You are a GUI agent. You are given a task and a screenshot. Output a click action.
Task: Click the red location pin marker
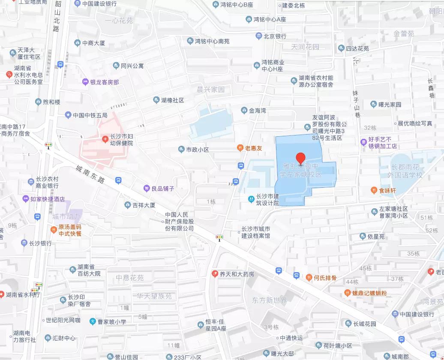pos(301,159)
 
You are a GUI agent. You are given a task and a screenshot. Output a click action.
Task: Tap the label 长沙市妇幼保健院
pos(122,140)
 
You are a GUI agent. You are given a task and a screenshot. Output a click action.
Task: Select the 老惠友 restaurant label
pos(253,148)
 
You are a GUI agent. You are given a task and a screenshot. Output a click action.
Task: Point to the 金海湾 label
pos(258,111)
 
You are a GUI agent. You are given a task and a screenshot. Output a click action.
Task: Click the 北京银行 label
pos(275,36)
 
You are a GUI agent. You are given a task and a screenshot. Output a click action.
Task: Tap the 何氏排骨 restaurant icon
pos(309,278)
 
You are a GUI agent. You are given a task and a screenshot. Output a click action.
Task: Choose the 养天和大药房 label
pos(237,274)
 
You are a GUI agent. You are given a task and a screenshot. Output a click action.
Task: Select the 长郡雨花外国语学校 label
pos(401,171)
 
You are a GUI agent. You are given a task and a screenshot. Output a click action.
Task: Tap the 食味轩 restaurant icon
pos(374,190)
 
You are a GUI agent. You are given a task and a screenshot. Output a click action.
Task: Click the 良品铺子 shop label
pos(162,189)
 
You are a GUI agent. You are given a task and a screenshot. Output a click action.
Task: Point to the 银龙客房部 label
pos(104,82)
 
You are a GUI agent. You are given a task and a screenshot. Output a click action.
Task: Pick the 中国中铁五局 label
pos(90,115)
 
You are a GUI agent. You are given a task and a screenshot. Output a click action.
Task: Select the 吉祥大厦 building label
pos(144,205)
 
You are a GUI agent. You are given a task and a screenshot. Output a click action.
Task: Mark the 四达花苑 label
pos(357,48)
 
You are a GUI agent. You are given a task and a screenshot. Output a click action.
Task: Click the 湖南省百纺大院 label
pos(89,270)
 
